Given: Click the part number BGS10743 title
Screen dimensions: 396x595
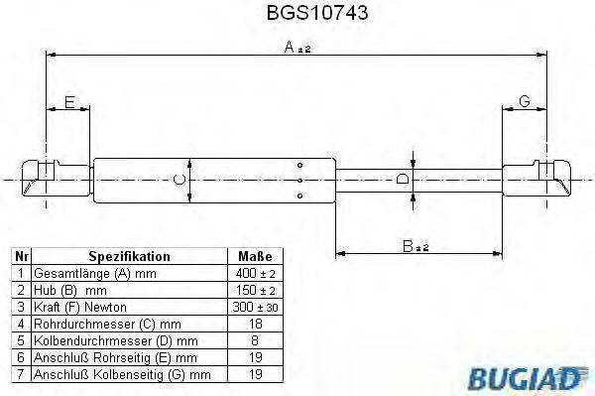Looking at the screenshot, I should tap(297, 16).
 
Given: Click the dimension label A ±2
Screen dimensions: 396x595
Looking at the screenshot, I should tap(297, 49).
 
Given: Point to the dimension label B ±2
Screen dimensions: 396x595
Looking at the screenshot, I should tap(415, 245).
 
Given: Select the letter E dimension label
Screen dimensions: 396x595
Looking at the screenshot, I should tap(69, 102).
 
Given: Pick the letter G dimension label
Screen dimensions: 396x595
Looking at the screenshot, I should tap(525, 102).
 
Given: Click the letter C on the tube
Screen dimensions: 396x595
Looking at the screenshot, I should tap(178, 179).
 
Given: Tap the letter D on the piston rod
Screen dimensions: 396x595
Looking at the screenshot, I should tap(402, 179).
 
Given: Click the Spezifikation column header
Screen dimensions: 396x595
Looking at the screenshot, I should tap(130, 255).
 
